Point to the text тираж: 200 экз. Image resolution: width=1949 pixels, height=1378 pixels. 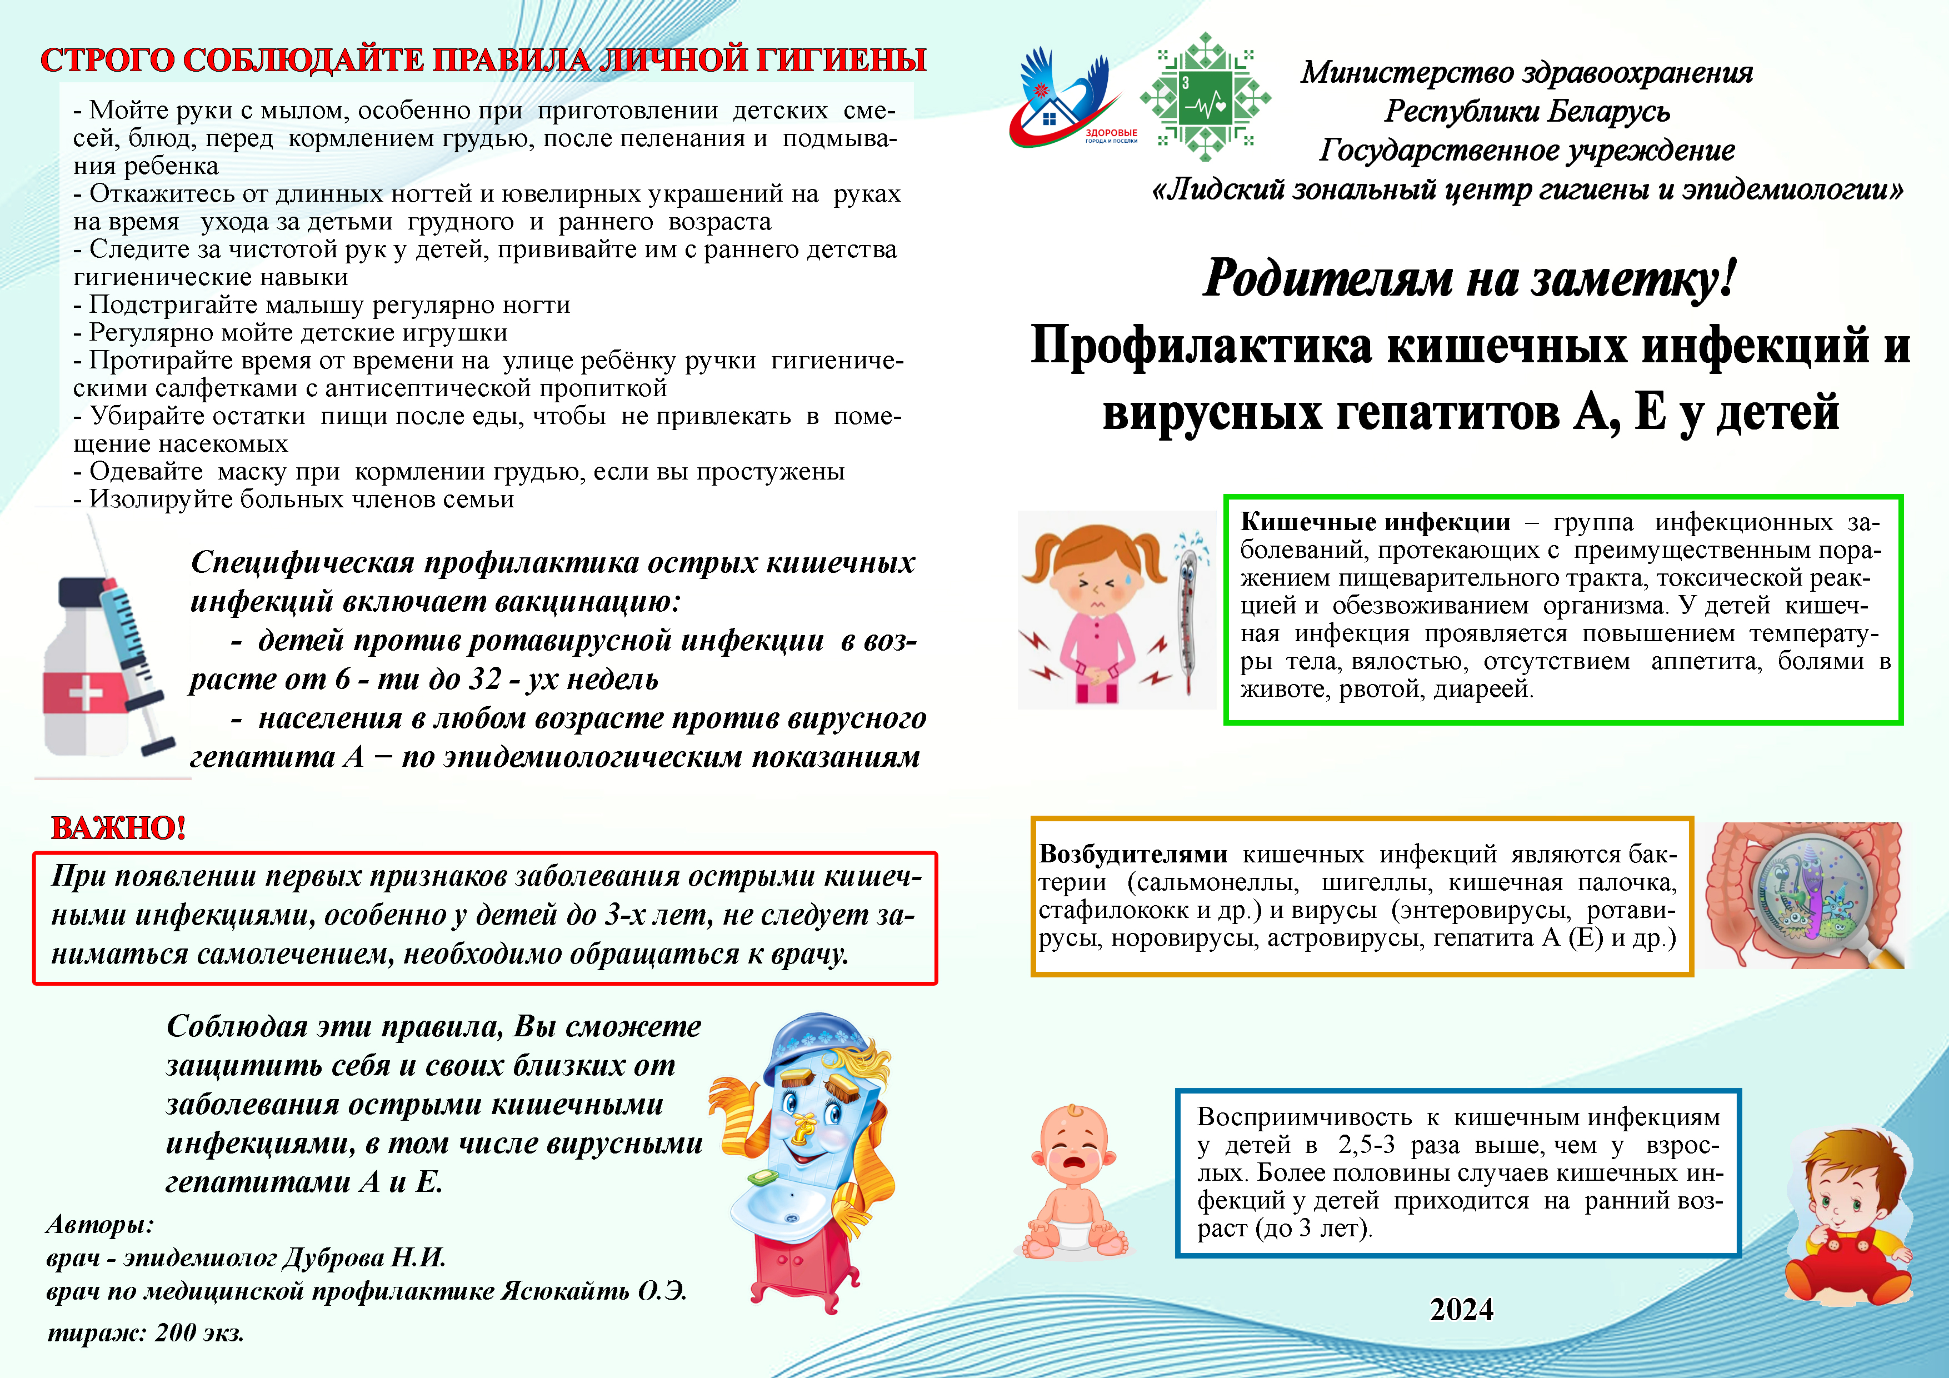145,1332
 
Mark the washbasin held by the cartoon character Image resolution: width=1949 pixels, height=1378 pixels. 781,1210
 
